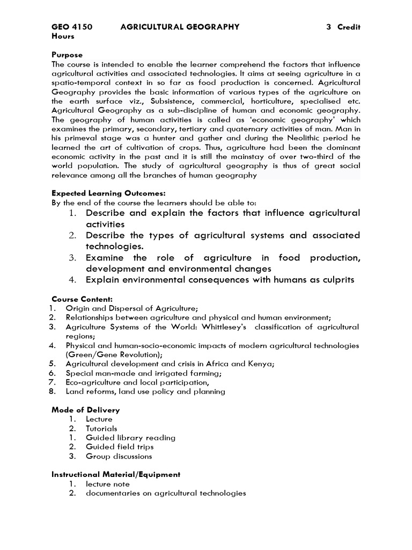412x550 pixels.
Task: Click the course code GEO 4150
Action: (x=72, y=27)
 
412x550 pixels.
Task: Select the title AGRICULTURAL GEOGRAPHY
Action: (x=180, y=27)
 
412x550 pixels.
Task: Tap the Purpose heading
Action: (x=67, y=55)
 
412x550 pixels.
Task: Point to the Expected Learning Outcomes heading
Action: (x=108, y=193)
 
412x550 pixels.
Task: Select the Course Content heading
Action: (x=82, y=299)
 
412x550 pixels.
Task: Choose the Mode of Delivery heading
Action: (x=85, y=410)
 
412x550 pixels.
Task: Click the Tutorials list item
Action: (x=101, y=429)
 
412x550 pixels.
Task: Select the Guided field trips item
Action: (x=120, y=447)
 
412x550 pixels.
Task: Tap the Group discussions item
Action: (x=119, y=457)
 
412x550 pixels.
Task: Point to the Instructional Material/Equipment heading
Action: (x=116, y=475)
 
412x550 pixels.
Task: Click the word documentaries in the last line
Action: (x=113, y=493)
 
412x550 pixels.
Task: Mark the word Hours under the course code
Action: (x=63, y=36)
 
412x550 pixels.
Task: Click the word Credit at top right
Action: (x=349, y=27)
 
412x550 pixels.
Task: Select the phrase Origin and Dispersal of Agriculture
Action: (x=131, y=308)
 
